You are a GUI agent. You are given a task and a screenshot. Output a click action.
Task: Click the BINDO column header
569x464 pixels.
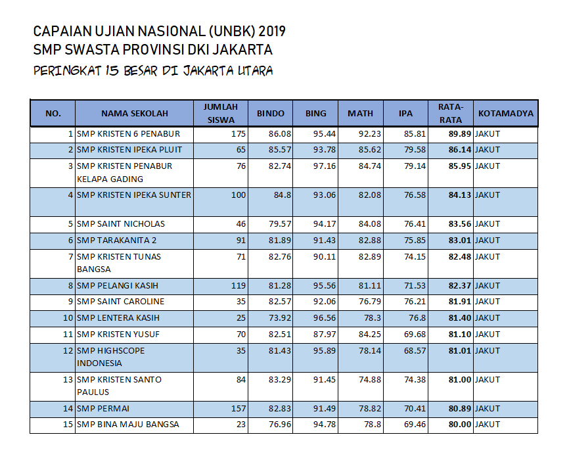point(270,113)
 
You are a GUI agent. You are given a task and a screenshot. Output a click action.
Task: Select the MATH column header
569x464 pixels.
point(360,113)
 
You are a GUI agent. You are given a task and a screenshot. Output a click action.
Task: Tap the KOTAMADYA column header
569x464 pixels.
point(506,113)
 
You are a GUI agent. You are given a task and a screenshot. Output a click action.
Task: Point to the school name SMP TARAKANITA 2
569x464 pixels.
point(117,241)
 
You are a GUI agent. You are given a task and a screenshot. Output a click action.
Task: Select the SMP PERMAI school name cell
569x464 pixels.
point(104,409)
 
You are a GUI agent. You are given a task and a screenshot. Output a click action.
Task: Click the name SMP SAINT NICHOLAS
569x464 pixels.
point(121,224)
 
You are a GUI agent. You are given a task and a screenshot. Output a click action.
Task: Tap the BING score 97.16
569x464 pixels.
point(315,166)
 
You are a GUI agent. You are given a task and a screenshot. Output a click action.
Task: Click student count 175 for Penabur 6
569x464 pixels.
point(238,134)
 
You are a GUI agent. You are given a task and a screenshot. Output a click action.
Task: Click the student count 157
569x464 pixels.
point(238,409)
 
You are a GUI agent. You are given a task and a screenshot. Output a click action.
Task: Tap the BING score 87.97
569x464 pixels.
point(315,335)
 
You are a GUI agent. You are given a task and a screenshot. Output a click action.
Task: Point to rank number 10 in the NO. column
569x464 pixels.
point(68,318)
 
